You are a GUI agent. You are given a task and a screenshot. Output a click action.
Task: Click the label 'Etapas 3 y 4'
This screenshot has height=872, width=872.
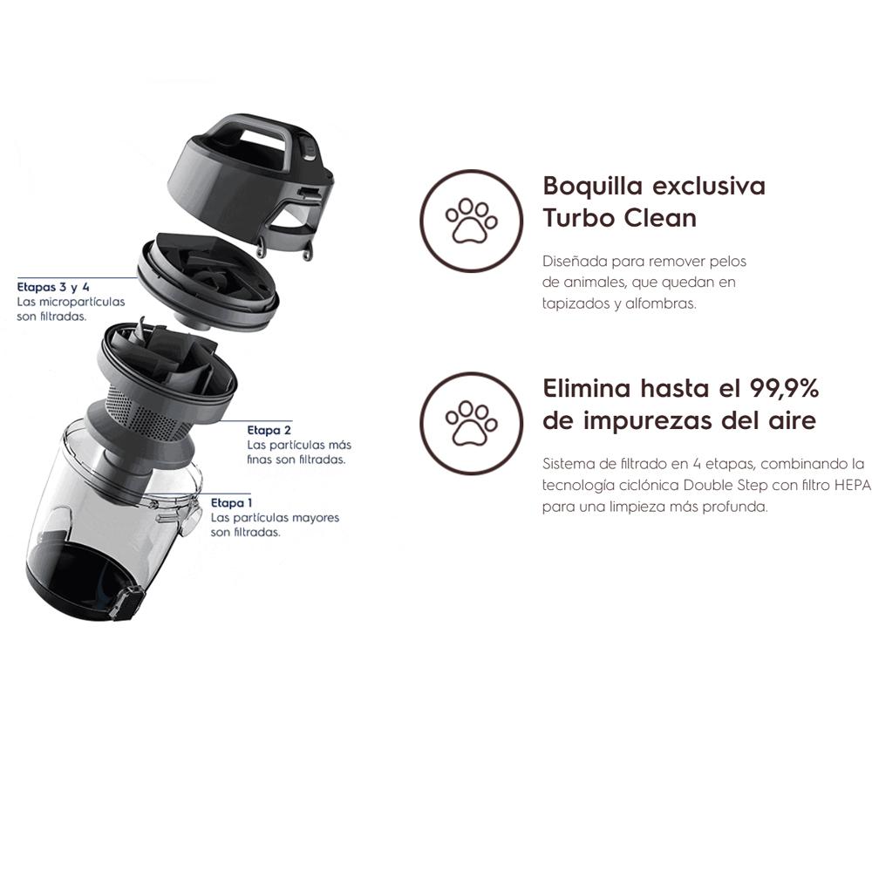(53, 287)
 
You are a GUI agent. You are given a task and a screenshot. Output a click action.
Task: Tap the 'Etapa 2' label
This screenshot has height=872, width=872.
(269, 430)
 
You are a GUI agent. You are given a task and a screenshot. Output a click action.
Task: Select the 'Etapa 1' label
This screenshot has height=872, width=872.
(231, 503)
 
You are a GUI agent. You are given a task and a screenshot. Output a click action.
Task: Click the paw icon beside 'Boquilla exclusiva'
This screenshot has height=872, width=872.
(471, 221)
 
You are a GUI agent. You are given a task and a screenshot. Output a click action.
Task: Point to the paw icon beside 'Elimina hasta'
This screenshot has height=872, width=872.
(471, 423)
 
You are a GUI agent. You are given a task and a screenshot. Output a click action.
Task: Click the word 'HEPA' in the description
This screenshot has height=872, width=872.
(853, 485)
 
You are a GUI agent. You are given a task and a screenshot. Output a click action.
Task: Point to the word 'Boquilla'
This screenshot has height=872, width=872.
(593, 186)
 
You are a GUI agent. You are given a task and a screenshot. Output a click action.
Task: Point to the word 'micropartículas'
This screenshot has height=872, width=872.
(82, 302)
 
